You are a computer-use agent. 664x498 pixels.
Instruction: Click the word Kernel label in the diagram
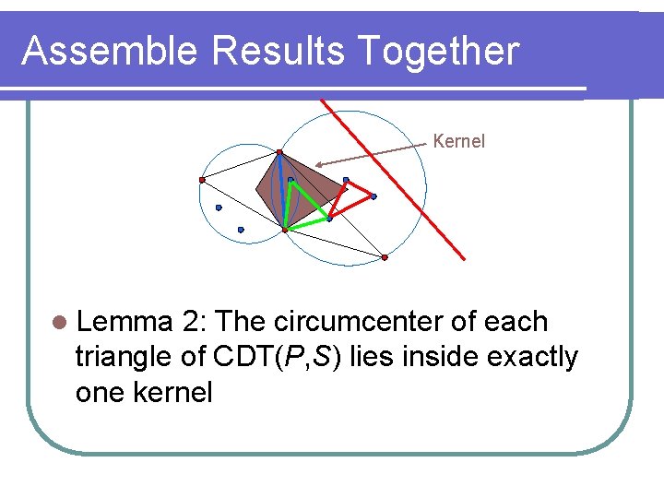(x=458, y=141)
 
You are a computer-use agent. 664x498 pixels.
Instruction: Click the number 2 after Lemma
(x=192, y=322)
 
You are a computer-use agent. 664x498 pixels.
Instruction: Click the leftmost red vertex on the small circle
(x=202, y=180)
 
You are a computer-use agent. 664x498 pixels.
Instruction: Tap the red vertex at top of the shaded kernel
(x=279, y=151)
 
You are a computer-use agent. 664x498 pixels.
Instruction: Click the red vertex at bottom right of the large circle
(x=385, y=257)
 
